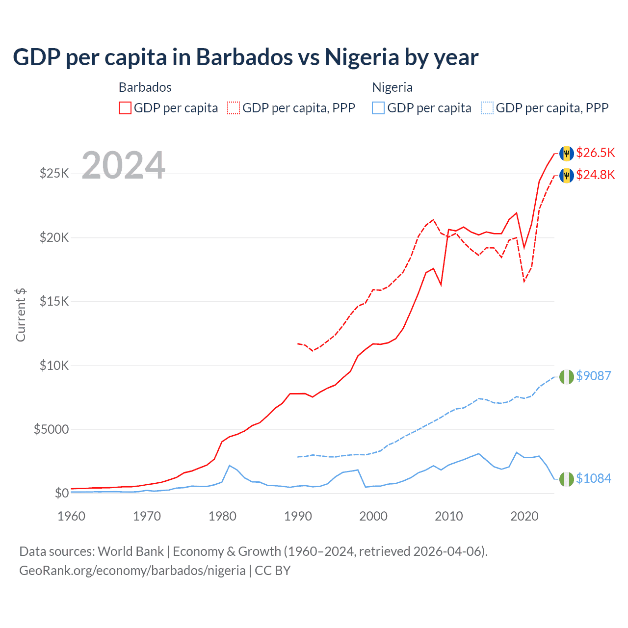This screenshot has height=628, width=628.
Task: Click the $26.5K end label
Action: pyautogui.click(x=595, y=153)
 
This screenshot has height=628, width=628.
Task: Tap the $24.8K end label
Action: pyautogui.click(x=595, y=175)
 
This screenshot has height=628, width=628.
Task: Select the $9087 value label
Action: pyautogui.click(x=593, y=376)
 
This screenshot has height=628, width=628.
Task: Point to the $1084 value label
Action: pyautogui.click(x=593, y=478)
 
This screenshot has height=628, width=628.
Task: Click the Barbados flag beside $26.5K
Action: pyautogui.click(x=567, y=153)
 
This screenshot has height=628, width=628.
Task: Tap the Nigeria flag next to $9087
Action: pyautogui.click(x=567, y=376)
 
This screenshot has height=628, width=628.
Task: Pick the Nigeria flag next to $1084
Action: pyautogui.click(x=567, y=479)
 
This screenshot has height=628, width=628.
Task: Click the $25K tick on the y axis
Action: pyautogui.click(x=54, y=173)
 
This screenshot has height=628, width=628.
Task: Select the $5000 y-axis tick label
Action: pyautogui.click(x=51, y=430)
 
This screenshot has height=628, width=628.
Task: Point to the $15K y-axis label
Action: pyautogui.click(x=54, y=301)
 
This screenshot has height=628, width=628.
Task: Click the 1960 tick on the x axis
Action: pyautogui.click(x=72, y=516)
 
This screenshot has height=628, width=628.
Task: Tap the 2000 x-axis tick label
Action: pyautogui.click(x=373, y=516)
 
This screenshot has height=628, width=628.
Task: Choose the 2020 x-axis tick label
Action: pyautogui.click(x=524, y=516)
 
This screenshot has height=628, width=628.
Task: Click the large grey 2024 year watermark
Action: pyautogui.click(x=123, y=165)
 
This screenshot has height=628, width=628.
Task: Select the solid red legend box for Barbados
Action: pyautogui.click(x=125, y=108)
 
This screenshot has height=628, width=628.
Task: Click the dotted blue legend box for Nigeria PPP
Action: pyautogui.click(x=487, y=108)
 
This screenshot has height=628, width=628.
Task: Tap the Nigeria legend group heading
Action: pyautogui.click(x=392, y=87)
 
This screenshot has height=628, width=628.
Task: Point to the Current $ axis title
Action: pyautogui.click(x=21, y=315)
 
